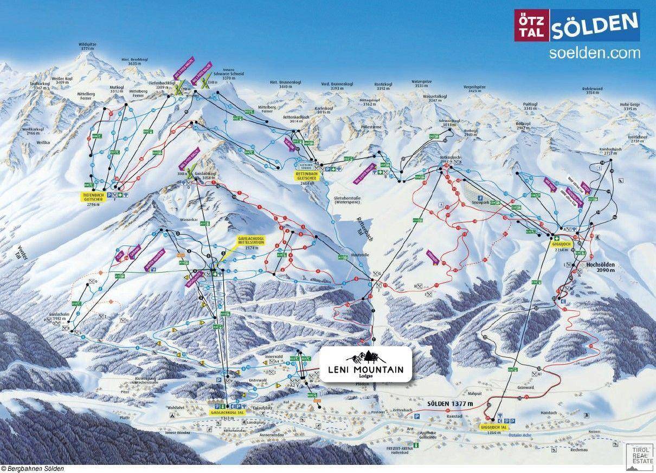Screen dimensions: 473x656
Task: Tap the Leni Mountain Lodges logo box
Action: [x=366, y=365]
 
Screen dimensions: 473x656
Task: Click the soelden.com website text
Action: [x=594, y=53]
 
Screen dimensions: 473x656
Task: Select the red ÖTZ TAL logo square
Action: [x=531, y=26]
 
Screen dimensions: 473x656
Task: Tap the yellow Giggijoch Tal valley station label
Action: [x=493, y=427]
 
